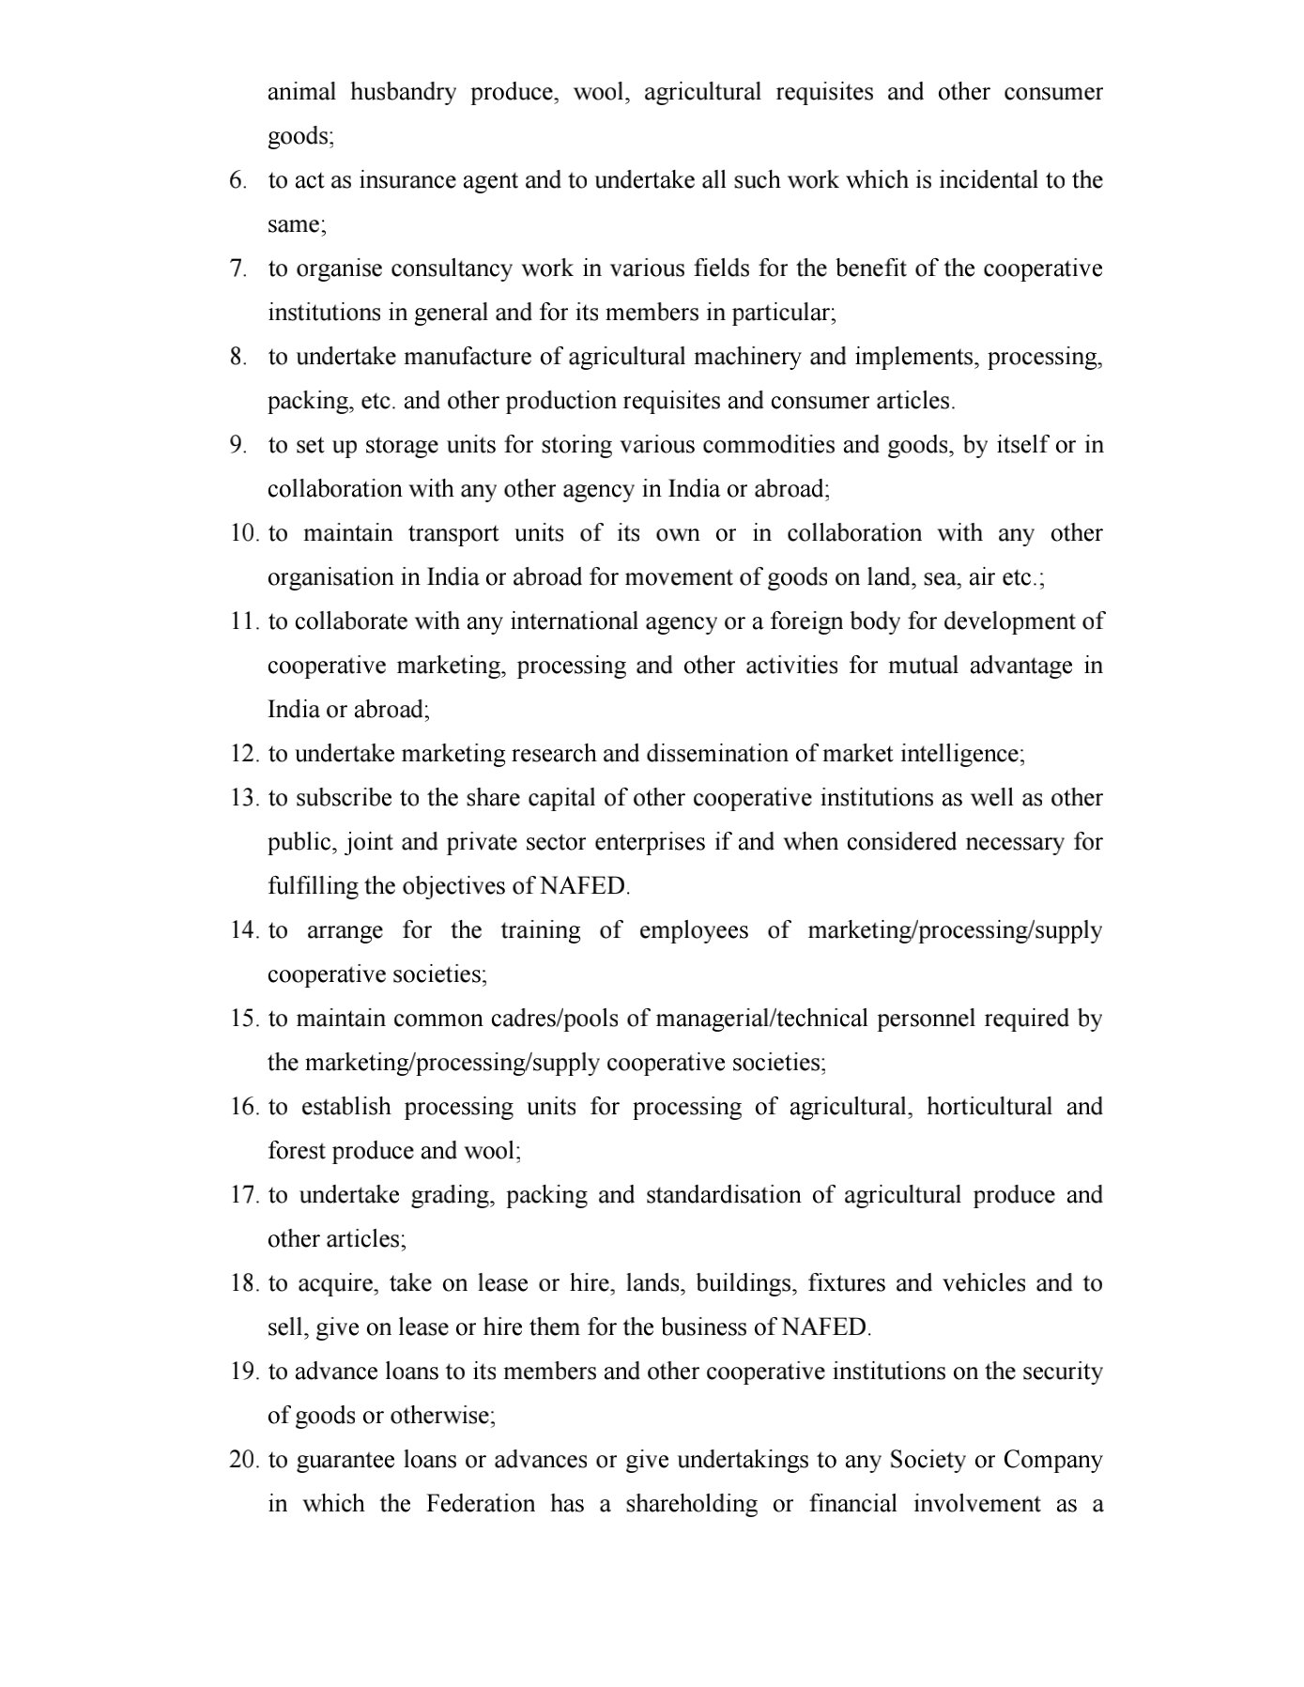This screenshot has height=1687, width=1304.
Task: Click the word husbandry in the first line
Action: pyautogui.click(x=403, y=93)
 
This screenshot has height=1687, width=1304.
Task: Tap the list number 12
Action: pyautogui.click(x=243, y=754)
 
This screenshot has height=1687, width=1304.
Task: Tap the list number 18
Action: pyautogui.click(x=243, y=1283)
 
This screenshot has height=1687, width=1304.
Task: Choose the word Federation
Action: pyautogui.click(x=481, y=1505)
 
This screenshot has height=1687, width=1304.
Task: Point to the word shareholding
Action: pyautogui.click(x=691, y=1505)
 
